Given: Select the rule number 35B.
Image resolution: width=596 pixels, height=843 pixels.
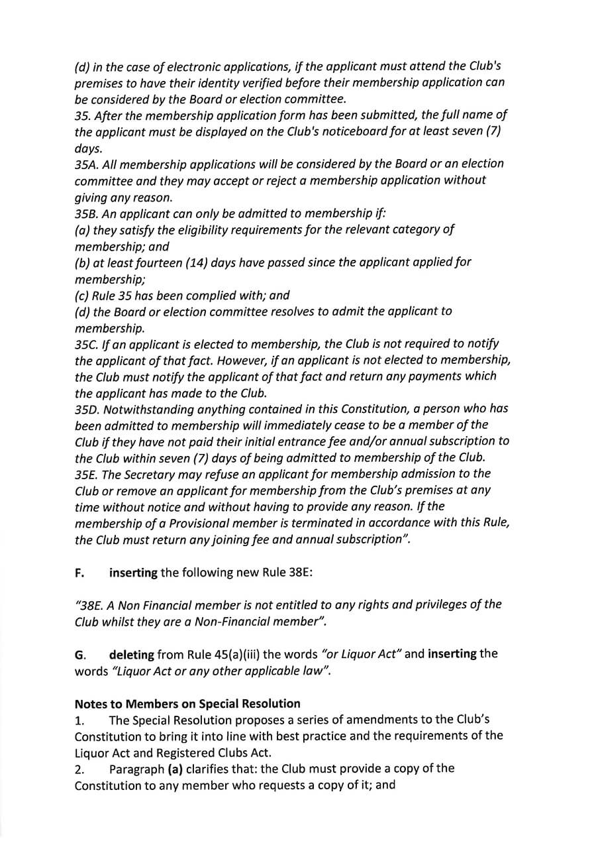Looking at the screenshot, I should (x=87, y=213).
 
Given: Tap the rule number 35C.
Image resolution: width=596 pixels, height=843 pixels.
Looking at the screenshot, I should (x=87, y=344).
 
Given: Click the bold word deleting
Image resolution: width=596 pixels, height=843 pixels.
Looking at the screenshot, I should (x=132, y=654).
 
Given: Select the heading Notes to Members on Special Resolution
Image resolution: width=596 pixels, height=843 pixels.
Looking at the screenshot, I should (x=187, y=704).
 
